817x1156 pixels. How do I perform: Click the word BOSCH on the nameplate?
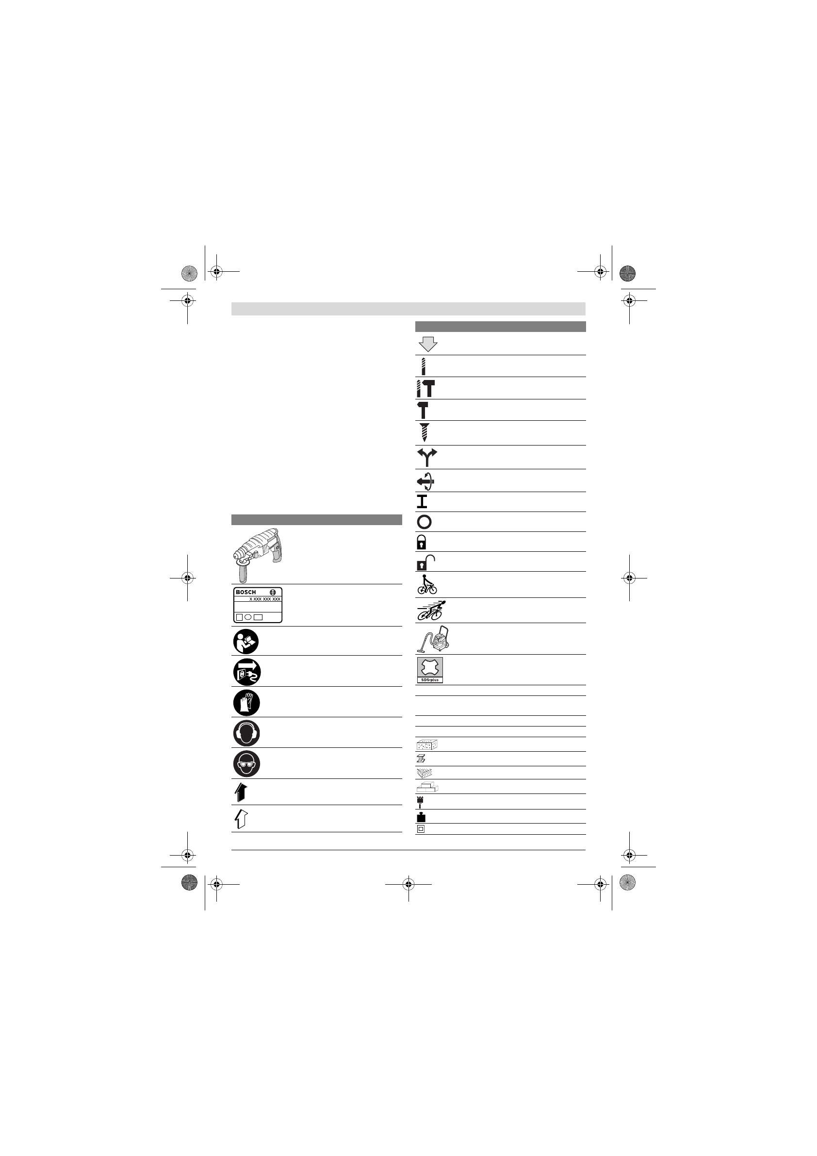pos(245,592)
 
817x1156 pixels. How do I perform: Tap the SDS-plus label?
pos(430,680)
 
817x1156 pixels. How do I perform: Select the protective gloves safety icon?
pos(246,702)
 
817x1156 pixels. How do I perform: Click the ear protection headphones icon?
pos(246,733)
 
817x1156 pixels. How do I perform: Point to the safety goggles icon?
pos(246,764)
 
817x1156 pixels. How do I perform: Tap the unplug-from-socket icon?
pos(246,672)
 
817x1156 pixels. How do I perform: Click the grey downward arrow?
pos(428,344)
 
